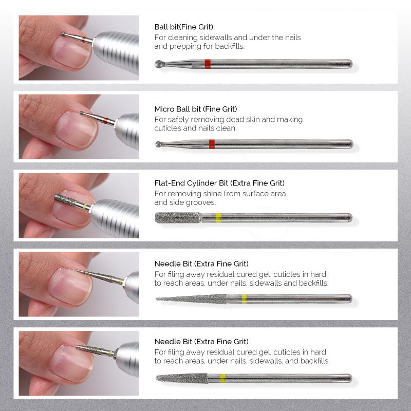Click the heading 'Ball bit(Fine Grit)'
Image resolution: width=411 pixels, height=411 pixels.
click(183, 27)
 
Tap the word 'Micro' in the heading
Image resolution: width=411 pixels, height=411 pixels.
click(164, 109)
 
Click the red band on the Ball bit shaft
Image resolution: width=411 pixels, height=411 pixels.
click(208, 64)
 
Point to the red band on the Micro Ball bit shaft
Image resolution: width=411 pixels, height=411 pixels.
click(212, 144)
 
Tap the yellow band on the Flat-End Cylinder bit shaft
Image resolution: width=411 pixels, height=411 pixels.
click(218, 218)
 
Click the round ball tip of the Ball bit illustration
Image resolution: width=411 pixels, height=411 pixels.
click(158, 64)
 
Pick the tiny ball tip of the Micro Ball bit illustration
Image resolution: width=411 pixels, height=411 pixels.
click(158, 144)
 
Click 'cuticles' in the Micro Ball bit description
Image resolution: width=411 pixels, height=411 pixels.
click(168, 128)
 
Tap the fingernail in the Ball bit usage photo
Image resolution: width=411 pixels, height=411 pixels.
click(72, 53)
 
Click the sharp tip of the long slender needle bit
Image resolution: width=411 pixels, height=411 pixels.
click(157, 298)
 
